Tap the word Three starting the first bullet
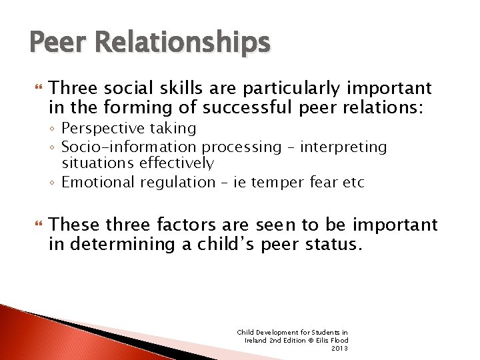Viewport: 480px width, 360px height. [x=73, y=88]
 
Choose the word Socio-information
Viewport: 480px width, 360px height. [x=129, y=147]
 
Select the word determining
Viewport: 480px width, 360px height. [x=120, y=244]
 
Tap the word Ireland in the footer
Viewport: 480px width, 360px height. [x=257, y=340]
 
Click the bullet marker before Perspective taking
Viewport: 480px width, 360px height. [x=54, y=128]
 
